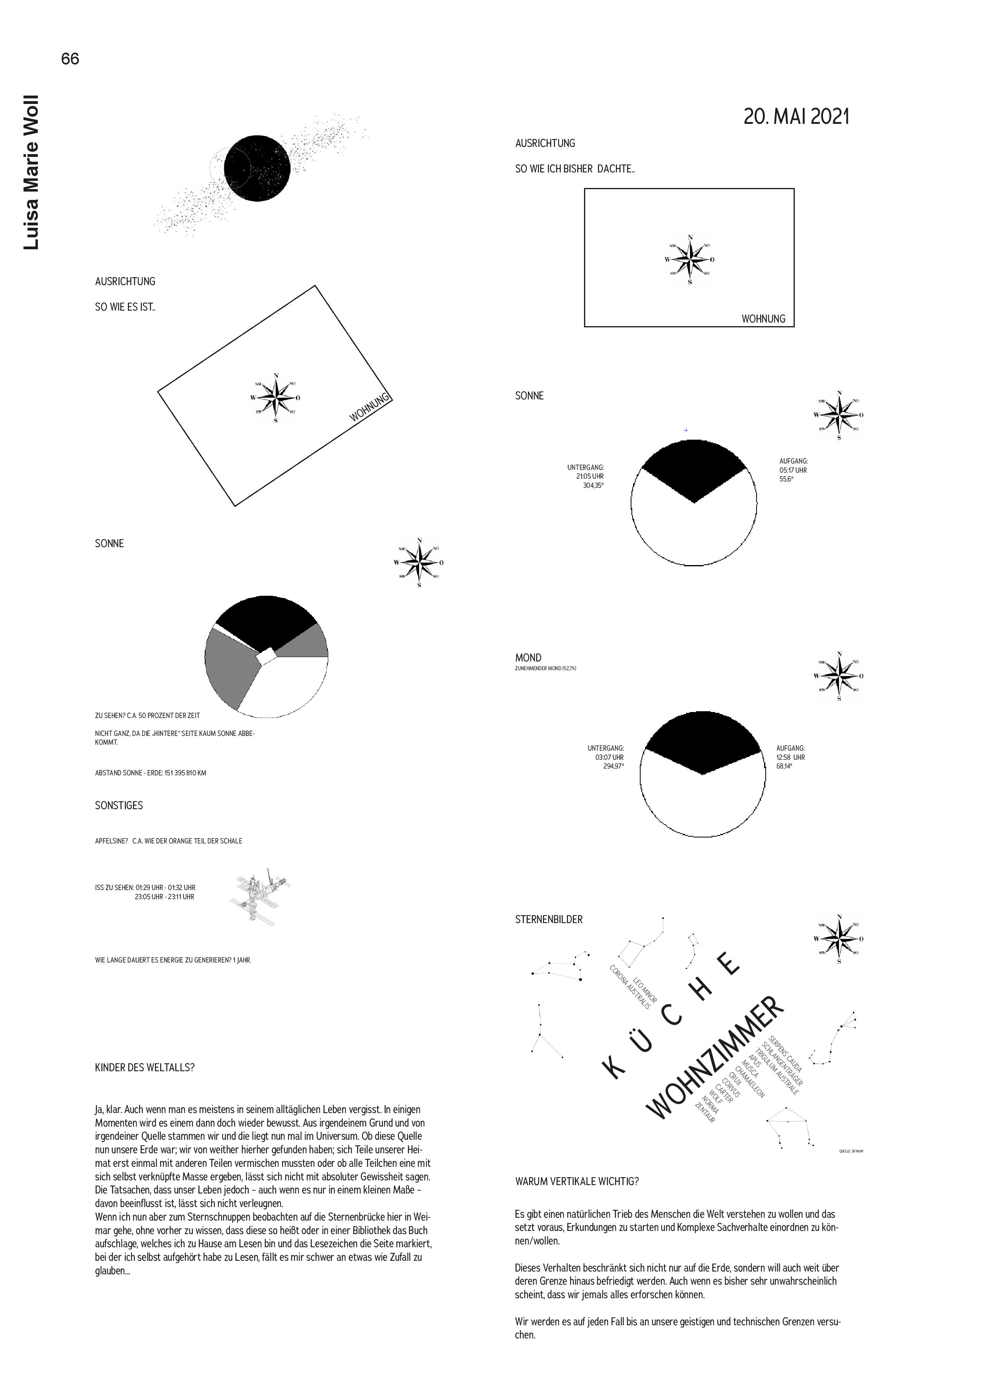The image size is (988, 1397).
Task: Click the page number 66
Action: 70,59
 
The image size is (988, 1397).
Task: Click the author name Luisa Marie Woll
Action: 31,172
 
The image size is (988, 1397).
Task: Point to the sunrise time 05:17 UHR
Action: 793,470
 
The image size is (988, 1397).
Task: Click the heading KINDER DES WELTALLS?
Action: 145,1068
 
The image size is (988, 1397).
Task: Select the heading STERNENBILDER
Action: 549,920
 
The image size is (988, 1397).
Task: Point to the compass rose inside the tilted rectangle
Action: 277,398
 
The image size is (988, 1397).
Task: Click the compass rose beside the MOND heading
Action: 839,676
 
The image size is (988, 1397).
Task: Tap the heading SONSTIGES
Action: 119,806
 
